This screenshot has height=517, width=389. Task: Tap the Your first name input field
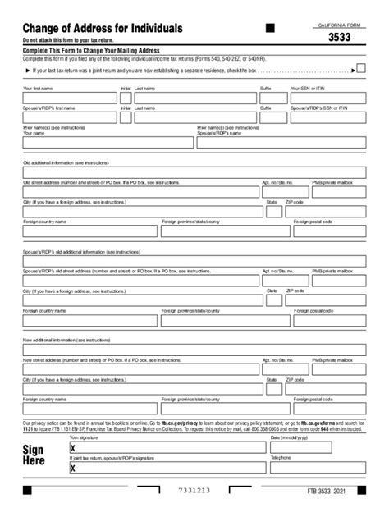coord(70,98)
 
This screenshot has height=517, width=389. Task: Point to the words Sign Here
coord(34,455)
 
